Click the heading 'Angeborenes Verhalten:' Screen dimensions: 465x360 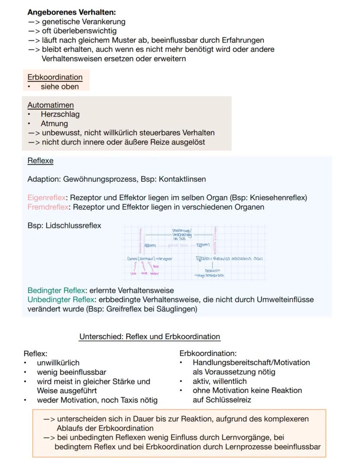pos(71,13)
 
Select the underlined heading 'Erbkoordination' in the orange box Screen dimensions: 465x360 pos(55,77)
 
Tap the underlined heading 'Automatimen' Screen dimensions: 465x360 pos(50,105)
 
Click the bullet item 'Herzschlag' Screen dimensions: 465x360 pos(60,114)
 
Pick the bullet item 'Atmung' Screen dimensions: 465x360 pos(54,124)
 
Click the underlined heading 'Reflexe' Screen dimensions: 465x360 pos(40,161)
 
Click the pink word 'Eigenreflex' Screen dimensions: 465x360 pos(46,198)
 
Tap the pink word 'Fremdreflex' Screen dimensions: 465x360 pos(48,207)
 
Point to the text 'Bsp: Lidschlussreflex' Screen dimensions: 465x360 pos(64,225)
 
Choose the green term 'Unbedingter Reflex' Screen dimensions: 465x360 pos(60,300)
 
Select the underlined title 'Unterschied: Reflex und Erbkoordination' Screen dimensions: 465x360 pos(150,337)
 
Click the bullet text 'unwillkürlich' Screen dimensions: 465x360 pos(58,363)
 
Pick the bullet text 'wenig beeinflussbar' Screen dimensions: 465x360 pos(71,372)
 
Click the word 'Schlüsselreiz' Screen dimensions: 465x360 pos(222,400)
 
